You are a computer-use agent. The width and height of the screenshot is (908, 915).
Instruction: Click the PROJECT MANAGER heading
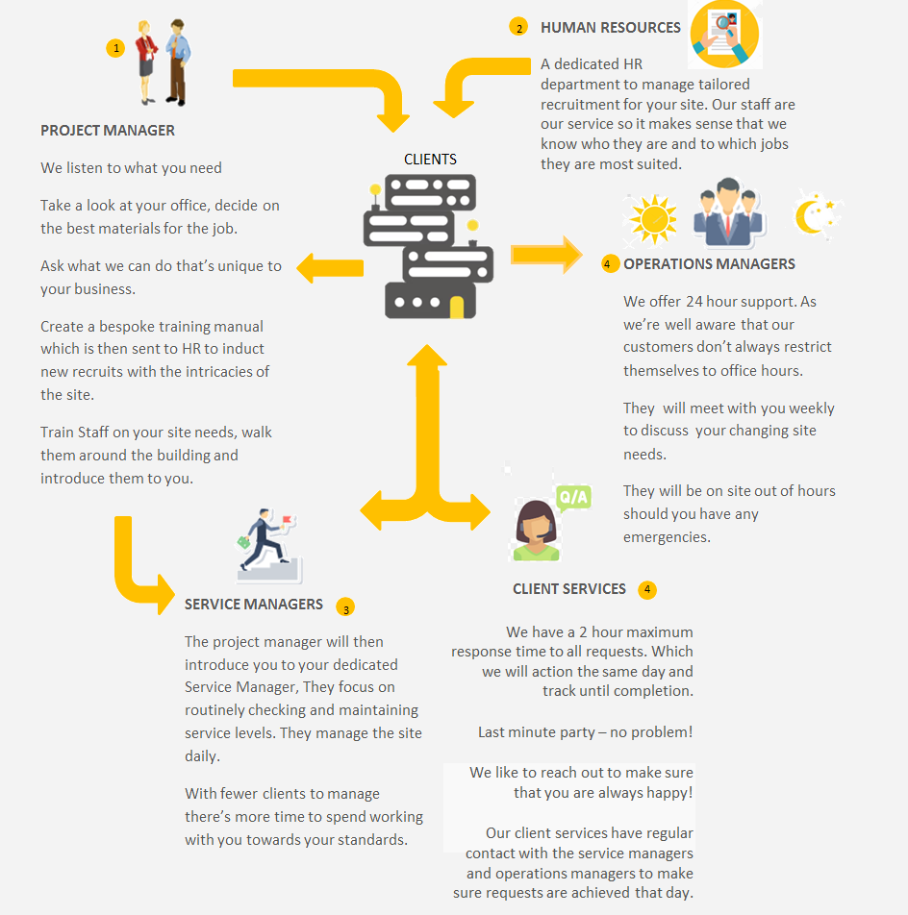(x=108, y=130)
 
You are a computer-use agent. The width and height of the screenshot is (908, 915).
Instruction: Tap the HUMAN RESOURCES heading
(x=610, y=28)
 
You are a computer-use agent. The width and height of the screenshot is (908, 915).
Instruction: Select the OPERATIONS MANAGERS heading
(x=709, y=263)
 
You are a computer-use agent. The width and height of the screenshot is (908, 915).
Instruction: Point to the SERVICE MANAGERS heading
(x=253, y=604)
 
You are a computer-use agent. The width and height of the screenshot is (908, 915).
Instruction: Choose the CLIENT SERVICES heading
(x=569, y=589)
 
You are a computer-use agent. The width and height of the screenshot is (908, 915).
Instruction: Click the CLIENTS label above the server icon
(x=430, y=160)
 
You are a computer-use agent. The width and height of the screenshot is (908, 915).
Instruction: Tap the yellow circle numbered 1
(x=115, y=48)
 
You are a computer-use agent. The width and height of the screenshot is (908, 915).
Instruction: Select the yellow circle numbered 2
(x=518, y=28)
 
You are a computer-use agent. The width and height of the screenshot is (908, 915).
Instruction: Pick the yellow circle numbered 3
(x=345, y=607)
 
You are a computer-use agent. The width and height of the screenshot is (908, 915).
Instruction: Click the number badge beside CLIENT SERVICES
(x=647, y=589)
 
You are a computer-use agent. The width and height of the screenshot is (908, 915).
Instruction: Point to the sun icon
(x=653, y=219)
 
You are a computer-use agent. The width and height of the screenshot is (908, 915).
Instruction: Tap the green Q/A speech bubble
(x=573, y=498)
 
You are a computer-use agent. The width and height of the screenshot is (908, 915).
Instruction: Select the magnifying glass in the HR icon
(x=723, y=24)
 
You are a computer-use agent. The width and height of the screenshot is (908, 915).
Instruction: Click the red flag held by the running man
(x=287, y=519)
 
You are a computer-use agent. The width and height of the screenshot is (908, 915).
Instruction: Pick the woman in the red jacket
(x=145, y=62)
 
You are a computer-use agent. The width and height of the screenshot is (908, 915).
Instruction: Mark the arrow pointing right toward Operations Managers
(x=546, y=255)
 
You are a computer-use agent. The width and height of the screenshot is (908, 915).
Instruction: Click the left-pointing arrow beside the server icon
(x=330, y=268)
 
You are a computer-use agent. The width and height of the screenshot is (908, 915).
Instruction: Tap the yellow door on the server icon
(x=457, y=307)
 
